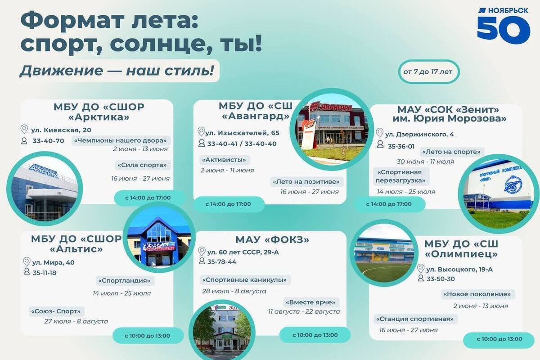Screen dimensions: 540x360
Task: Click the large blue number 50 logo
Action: point(504,30)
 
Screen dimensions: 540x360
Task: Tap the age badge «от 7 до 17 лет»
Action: point(428,72)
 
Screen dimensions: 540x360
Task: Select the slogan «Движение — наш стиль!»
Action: point(117,71)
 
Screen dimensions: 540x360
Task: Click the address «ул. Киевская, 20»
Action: point(61,130)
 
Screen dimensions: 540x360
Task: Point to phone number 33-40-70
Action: point(48,141)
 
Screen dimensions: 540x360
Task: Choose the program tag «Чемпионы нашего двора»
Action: point(121,140)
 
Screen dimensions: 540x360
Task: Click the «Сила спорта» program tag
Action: point(143,165)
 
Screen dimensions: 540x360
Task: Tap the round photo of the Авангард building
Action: point(332,129)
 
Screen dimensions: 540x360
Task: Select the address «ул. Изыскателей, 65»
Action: point(242,133)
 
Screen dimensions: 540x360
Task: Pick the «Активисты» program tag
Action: point(225,160)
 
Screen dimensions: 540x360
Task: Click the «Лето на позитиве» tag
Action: point(306,181)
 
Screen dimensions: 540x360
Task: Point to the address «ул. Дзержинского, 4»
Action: point(419,134)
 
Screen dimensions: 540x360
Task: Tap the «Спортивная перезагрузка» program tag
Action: point(401,176)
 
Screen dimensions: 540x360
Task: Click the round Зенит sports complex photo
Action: point(499,194)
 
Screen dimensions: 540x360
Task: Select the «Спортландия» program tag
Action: point(125,281)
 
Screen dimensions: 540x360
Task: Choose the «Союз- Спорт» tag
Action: point(56,311)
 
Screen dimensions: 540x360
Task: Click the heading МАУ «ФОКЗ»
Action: point(272,240)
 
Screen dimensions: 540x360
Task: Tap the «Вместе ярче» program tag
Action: point(311,302)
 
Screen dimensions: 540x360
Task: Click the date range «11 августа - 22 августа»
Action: point(304,311)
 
